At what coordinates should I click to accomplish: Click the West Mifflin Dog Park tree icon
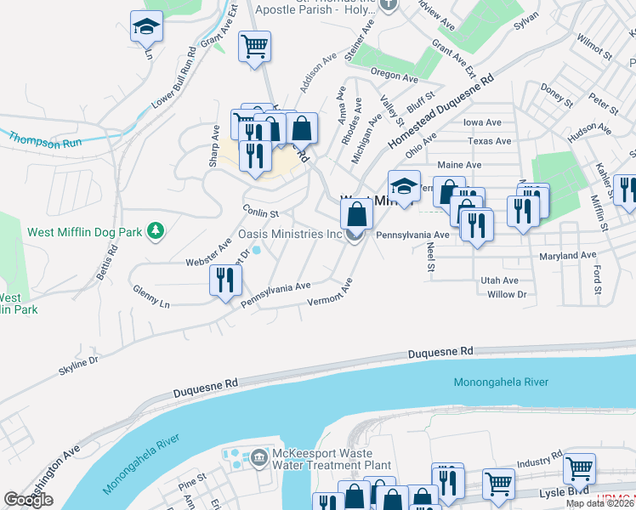click(155, 230)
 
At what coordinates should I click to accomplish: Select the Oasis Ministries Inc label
click(289, 234)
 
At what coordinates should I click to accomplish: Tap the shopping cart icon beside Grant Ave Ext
click(254, 46)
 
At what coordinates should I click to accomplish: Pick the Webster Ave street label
click(208, 252)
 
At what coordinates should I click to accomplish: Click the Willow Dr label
click(508, 294)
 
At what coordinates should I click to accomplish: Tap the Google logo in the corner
click(29, 500)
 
